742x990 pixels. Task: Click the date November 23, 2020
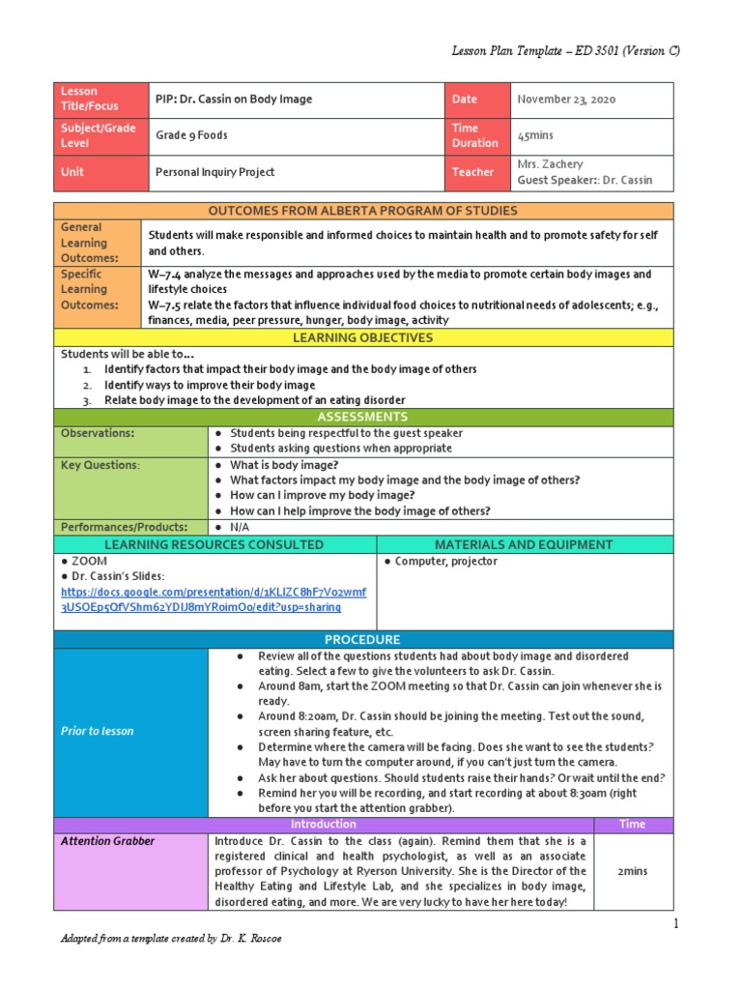(x=566, y=100)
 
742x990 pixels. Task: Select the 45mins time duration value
(x=535, y=135)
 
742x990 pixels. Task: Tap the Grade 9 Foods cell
(x=191, y=135)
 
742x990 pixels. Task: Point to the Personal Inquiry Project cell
(x=214, y=172)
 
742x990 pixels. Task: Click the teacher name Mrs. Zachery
(x=550, y=164)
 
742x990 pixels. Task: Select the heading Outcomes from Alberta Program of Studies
(x=363, y=211)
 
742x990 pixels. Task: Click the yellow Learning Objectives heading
(x=363, y=338)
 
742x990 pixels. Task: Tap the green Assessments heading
(x=363, y=417)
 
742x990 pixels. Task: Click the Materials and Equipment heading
(x=524, y=545)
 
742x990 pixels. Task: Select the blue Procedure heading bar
(x=363, y=640)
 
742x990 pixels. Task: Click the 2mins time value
(x=633, y=871)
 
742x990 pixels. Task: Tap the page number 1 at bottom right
(x=677, y=925)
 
